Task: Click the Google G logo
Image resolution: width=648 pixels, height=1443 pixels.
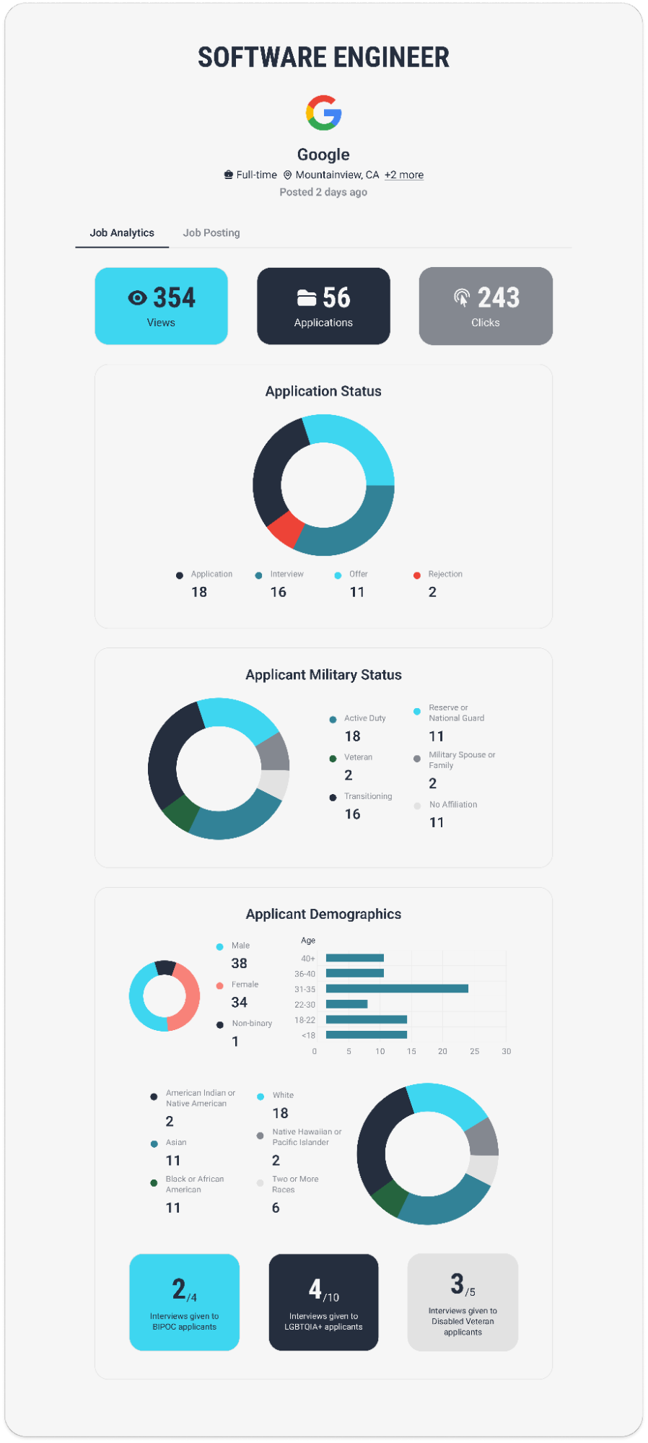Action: click(323, 113)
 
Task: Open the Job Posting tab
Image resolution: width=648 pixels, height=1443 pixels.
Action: click(211, 232)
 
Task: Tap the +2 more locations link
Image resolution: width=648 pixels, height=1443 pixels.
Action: click(404, 175)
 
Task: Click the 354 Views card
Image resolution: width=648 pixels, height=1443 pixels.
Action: click(161, 306)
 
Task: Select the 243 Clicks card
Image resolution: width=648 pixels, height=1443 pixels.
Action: click(486, 306)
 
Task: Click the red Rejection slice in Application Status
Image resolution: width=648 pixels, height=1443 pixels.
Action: click(285, 528)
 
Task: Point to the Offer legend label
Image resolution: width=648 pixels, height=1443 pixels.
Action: click(358, 574)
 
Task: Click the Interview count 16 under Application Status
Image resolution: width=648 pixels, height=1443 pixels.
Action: click(278, 592)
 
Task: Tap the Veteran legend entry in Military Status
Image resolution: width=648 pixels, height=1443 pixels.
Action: click(358, 757)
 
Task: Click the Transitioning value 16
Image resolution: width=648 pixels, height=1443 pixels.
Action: click(352, 814)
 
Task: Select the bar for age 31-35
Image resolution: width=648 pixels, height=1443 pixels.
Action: click(397, 988)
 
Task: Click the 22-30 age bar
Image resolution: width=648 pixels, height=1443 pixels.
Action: click(346, 1004)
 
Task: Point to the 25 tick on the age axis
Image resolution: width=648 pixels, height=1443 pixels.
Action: click(474, 1051)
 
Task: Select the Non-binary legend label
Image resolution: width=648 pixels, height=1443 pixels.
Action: click(252, 1024)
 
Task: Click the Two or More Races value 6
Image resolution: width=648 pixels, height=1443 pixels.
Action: click(276, 1208)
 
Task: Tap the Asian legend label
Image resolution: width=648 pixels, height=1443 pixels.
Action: click(176, 1143)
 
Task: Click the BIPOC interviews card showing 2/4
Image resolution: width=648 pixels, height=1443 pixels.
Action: click(184, 1302)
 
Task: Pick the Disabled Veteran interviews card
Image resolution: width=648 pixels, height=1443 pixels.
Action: click(463, 1302)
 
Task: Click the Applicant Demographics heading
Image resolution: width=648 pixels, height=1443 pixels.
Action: click(323, 914)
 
